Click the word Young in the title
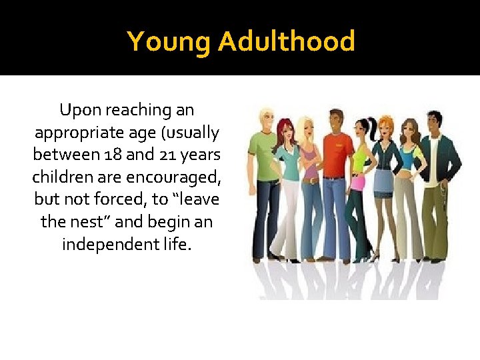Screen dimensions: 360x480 (169, 41)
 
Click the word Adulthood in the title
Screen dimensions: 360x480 (286, 41)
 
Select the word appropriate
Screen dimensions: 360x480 (77, 133)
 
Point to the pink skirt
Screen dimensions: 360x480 (360, 181)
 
